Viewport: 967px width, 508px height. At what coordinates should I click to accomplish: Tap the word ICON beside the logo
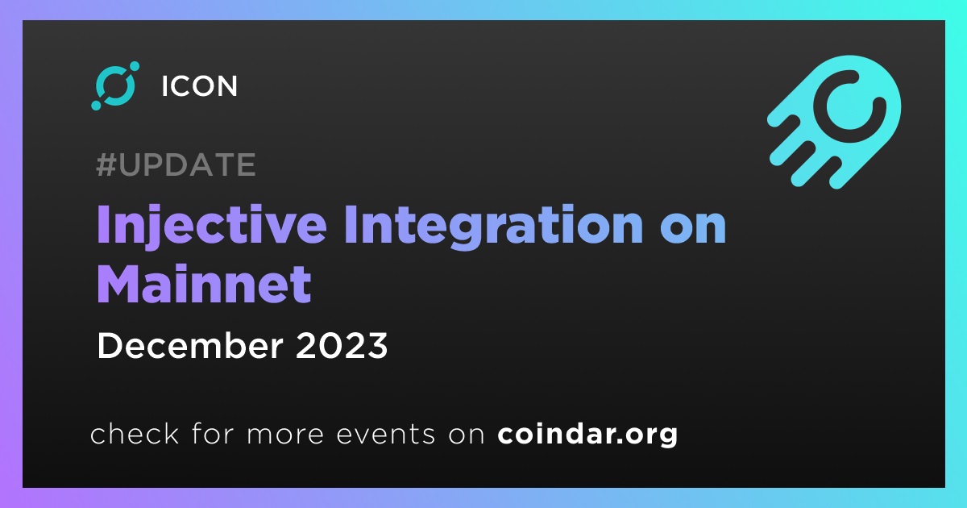click(x=200, y=86)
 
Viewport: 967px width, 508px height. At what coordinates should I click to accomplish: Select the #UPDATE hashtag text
click(x=176, y=164)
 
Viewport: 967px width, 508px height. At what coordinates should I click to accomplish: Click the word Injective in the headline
click(x=212, y=226)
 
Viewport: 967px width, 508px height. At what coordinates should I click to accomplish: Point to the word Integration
click(x=494, y=226)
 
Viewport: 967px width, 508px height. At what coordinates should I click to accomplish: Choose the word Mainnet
click(x=204, y=284)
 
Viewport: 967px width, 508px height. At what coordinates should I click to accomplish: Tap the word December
click(x=190, y=346)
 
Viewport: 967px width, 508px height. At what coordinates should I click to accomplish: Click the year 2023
click(x=342, y=346)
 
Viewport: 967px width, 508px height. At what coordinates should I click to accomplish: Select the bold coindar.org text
click(x=587, y=434)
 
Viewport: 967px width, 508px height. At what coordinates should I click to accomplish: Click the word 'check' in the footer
click(x=135, y=433)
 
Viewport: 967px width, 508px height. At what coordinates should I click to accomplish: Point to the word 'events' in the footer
click(x=386, y=434)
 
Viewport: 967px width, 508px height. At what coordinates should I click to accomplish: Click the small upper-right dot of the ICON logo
click(x=135, y=66)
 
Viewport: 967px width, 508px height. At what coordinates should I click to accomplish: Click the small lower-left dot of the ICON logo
click(x=96, y=105)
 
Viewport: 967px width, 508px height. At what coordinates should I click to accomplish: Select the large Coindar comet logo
click(x=834, y=123)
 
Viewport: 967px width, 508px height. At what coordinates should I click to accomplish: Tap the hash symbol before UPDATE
click(x=106, y=164)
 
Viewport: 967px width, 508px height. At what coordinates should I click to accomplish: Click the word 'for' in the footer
click(x=213, y=433)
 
